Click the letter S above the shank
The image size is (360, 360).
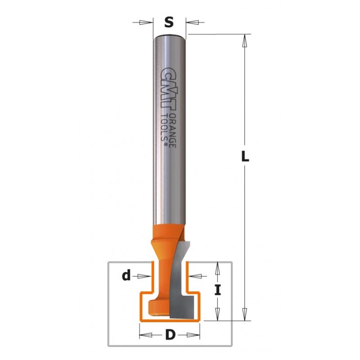169,22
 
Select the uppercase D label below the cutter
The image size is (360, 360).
170,335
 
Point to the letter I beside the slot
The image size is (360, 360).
217,289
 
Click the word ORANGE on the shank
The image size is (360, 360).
173,130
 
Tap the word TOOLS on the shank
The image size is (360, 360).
164,129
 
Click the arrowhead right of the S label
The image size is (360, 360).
193,22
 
